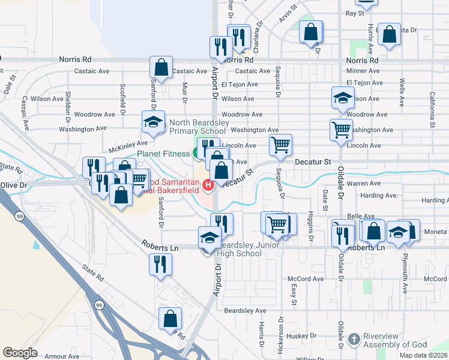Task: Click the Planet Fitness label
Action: pos(163,154)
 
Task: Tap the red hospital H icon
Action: pos(209,185)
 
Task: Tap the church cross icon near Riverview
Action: pos(354,340)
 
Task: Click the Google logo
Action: pos(20,353)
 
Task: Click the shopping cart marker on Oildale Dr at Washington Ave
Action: pos(341,129)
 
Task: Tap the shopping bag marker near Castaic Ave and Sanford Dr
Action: pos(161,67)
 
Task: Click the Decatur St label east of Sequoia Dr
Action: pos(312,162)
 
